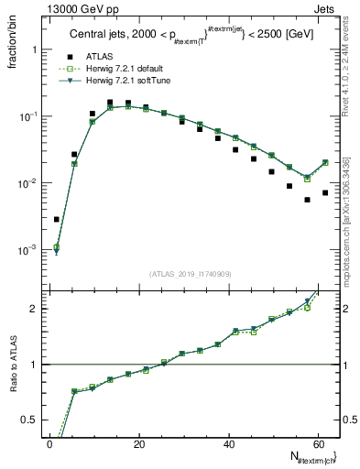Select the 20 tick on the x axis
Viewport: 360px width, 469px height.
pos(138,443)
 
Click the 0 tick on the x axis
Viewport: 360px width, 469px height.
pos(49,443)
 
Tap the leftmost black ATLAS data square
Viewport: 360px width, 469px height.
pos(57,219)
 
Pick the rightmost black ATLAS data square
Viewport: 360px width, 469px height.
pos(325,192)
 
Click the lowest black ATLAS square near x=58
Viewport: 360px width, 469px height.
pos(307,200)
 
